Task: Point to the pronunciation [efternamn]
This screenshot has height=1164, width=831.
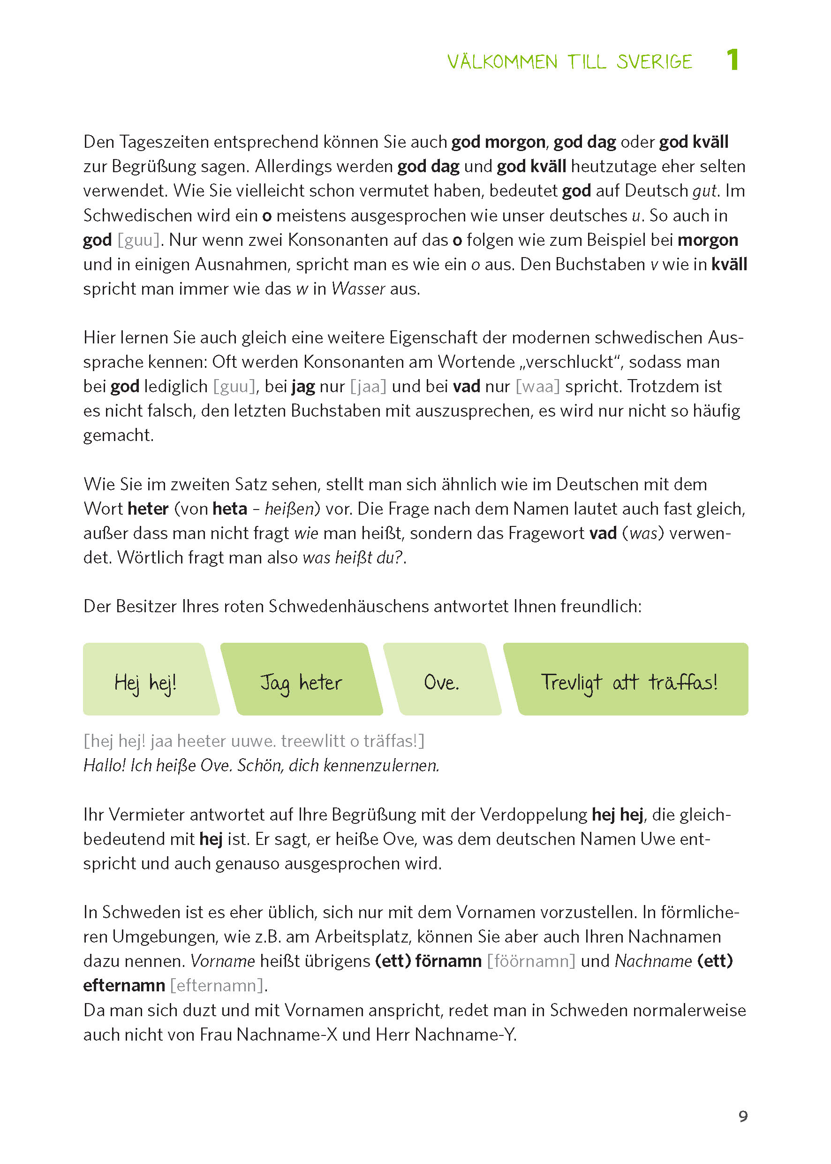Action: pyautogui.click(x=217, y=985)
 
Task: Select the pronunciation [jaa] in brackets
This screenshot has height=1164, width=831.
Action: pyautogui.click(x=368, y=387)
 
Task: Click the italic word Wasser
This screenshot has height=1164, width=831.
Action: pyautogui.click(x=358, y=289)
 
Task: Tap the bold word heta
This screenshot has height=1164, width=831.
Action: pyautogui.click(x=230, y=509)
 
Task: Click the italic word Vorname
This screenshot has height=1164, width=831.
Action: pyautogui.click(x=223, y=961)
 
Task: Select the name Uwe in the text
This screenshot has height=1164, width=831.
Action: pyautogui.click(x=657, y=839)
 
